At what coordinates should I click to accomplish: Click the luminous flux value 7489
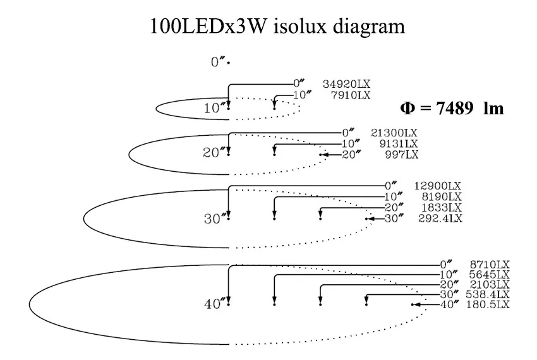click(x=455, y=109)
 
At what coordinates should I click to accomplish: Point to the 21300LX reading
click(x=394, y=133)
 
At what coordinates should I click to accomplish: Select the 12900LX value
click(x=438, y=186)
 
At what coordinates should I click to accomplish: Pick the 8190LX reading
click(x=440, y=197)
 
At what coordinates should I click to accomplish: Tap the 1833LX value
click(x=440, y=208)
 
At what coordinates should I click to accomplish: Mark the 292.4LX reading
click(x=440, y=219)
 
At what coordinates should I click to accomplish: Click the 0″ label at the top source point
click(x=218, y=63)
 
